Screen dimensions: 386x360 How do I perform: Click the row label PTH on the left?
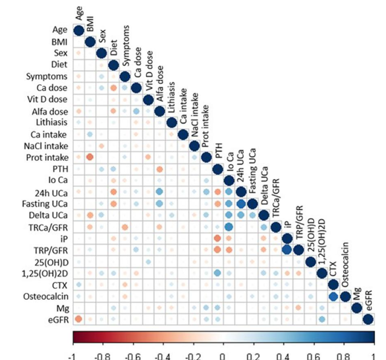[60, 169]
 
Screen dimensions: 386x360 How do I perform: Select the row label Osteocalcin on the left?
[46, 296]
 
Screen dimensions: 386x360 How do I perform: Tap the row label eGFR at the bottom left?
[58, 320]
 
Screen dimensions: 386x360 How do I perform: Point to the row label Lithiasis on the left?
[52, 122]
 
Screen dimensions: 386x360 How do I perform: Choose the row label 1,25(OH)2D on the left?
[45, 274]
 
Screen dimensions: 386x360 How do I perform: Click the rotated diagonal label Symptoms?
[126, 46]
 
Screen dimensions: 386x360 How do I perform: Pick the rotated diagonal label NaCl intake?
[195, 115]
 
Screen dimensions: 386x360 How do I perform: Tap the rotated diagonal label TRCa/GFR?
[276, 198]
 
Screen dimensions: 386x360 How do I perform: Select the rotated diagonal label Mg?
[357, 294]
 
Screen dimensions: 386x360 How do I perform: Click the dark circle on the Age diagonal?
[79, 31]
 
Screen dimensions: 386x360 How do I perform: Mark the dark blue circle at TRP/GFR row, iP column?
[287, 250]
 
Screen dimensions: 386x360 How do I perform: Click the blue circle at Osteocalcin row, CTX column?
[333, 296]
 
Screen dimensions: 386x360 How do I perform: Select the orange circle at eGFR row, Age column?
[78, 319]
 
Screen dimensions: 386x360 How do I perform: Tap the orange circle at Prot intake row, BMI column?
[90, 157]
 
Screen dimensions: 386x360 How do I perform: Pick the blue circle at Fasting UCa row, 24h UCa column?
[241, 203]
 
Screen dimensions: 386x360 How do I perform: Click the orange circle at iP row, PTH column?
[217, 238]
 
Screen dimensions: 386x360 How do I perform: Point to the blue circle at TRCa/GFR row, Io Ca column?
[229, 227]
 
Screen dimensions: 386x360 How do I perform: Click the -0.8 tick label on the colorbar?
[102, 356]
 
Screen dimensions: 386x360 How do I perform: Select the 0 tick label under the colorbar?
[222, 356]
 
